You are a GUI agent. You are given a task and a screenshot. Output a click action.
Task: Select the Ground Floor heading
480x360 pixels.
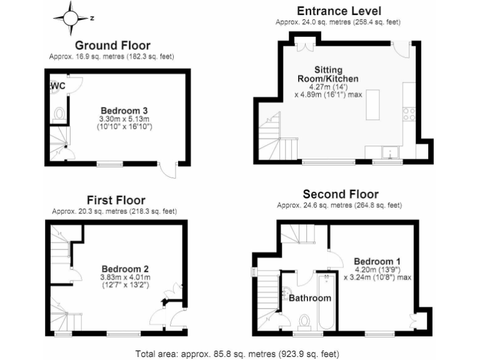coord(112,45)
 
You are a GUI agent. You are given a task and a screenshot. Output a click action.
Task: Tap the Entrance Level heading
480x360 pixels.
coord(339,11)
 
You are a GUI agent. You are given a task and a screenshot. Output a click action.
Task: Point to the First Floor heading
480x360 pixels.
coord(116,200)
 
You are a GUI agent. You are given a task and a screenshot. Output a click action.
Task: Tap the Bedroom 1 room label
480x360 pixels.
coord(377,261)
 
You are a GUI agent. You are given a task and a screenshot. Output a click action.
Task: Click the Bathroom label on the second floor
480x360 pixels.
coord(309,298)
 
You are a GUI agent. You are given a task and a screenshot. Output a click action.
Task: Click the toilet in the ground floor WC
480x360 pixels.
coord(59,114)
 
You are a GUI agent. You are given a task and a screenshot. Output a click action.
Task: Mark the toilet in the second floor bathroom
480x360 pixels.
coord(304,320)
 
